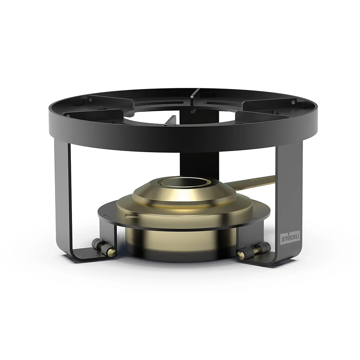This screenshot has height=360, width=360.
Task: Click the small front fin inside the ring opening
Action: coord(171,121)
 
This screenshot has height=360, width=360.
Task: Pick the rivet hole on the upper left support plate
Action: coord(90,100)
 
